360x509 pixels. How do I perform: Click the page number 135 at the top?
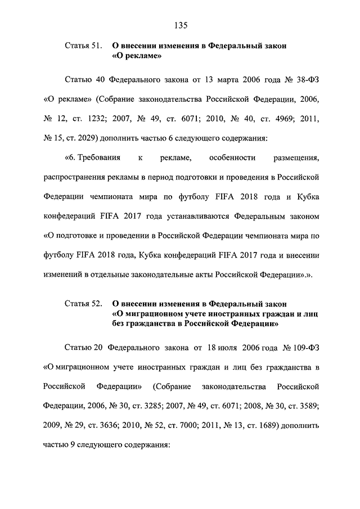tap(180, 25)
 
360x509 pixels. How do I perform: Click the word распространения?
tap(75, 178)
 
